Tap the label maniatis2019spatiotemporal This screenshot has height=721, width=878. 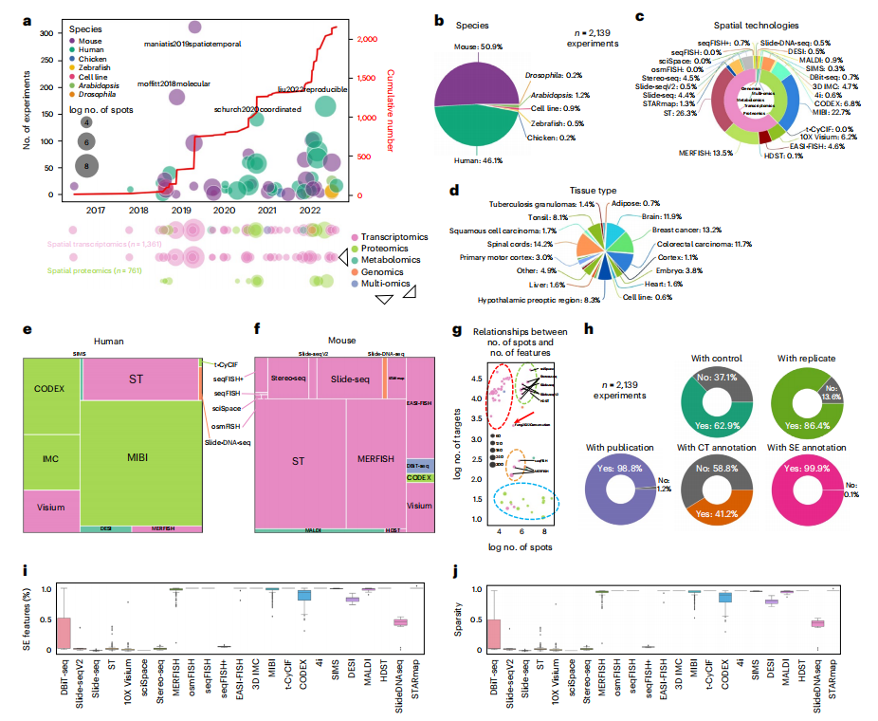pyautogui.click(x=192, y=44)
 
